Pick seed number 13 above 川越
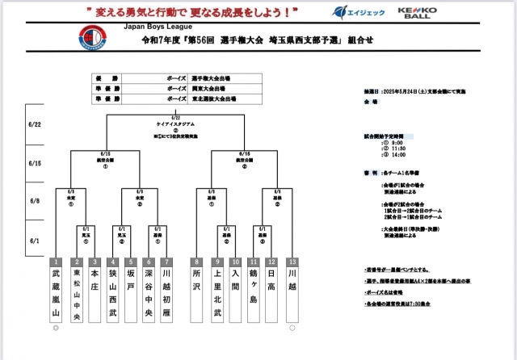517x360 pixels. tap(292, 262)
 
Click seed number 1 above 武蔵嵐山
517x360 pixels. tap(56, 262)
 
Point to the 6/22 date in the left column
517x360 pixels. tap(36, 123)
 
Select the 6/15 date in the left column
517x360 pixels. tap(36, 163)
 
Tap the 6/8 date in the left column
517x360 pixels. tap(36, 202)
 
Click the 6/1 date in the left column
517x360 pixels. tap(36, 241)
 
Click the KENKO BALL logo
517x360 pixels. tap(417, 12)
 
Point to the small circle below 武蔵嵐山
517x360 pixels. tap(56, 329)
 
